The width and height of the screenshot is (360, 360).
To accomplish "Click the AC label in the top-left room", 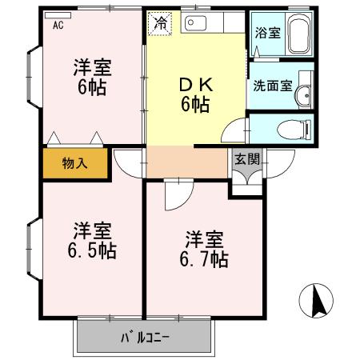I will pos(58,25).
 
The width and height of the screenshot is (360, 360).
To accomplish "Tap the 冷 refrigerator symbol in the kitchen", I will pos(161,24).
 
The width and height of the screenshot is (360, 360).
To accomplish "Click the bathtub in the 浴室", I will pos(300,35).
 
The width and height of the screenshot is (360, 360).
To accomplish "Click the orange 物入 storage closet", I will pos(74,164).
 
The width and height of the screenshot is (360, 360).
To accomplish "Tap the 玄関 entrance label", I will pos(247,158).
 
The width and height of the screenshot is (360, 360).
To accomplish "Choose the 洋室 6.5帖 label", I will pos(90,239).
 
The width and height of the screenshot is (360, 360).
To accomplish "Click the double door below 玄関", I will pos(247,176).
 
